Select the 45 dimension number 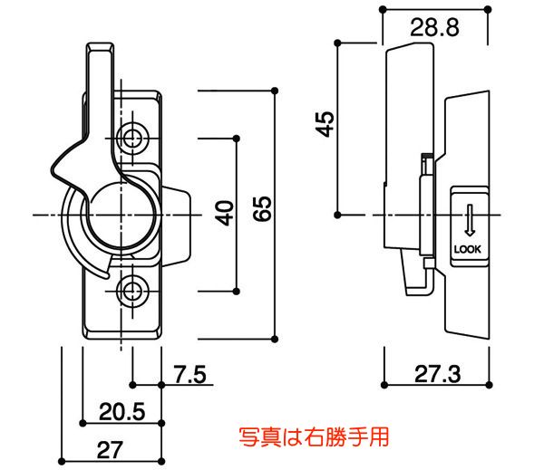(x=325, y=123)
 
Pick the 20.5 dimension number (x=121, y=412)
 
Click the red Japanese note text (x=313, y=437)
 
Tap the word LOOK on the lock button (x=469, y=249)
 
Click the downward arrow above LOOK (x=469, y=219)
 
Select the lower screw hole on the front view (x=134, y=291)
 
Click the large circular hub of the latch (x=120, y=214)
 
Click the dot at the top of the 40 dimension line (x=238, y=138)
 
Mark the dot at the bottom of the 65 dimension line (x=276, y=339)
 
